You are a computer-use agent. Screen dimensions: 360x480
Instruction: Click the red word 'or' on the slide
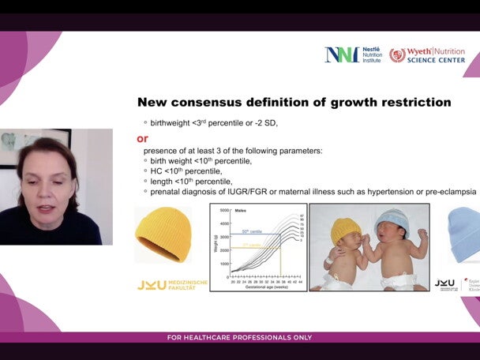point(143,138)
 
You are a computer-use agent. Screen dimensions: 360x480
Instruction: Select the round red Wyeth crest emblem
point(397,54)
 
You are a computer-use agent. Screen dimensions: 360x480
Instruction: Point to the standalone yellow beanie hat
point(163,234)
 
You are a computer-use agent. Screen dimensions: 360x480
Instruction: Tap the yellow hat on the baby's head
point(345,230)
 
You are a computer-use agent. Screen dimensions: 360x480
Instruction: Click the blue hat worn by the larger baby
point(391,223)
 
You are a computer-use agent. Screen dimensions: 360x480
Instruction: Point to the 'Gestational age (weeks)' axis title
point(258,287)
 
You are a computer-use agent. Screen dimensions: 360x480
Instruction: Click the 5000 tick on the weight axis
point(223,211)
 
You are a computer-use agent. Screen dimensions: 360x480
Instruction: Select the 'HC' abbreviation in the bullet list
point(158,171)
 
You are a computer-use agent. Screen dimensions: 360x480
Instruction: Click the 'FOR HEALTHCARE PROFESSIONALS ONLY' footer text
point(239,338)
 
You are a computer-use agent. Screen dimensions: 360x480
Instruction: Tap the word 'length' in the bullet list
point(163,182)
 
